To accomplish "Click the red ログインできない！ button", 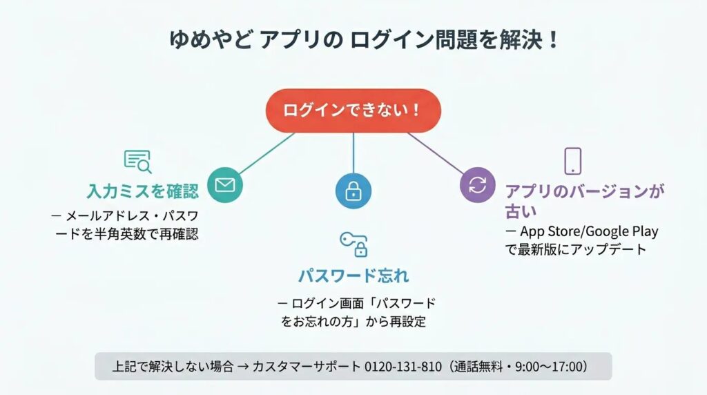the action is pyautogui.click(x=353, y=110).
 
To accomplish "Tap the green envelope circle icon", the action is pyautogui.click(x=225, y=185).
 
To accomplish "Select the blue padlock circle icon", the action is pyautogui.click(x=353, y=191).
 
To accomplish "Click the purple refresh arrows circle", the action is pyautogui.click(x=478, y=185).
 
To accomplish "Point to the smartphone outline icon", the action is pyautogui.click(x=573, y=161).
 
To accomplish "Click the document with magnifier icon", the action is pyautogui.click(x=137, y=162).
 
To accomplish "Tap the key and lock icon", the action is pyautogui.click(x=354, y=245).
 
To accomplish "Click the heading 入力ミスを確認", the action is pyautogui.click(x=142, y=191).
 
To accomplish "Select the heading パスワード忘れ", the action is pyautogui.click(x=353, y=275).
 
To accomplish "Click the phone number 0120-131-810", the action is pyautogui.click(x=403, y=367).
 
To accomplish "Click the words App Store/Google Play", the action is pyautogui.click(x=589, y=231).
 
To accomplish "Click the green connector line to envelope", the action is pyautogui.click(x=267, y=153).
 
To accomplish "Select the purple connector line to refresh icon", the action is pyautogui.click(x=436, y=153).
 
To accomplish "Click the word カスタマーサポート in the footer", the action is pyautogui.click(x=307, y=367).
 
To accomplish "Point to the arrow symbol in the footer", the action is pyautogui.click(x=243, y=367).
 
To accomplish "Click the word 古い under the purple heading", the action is pyautogui.click(x=521, y=211).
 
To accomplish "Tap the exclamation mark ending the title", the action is pyautogui.click(x=554, y=39).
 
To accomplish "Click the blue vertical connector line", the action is pyautogui.click(x=353, y=153).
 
